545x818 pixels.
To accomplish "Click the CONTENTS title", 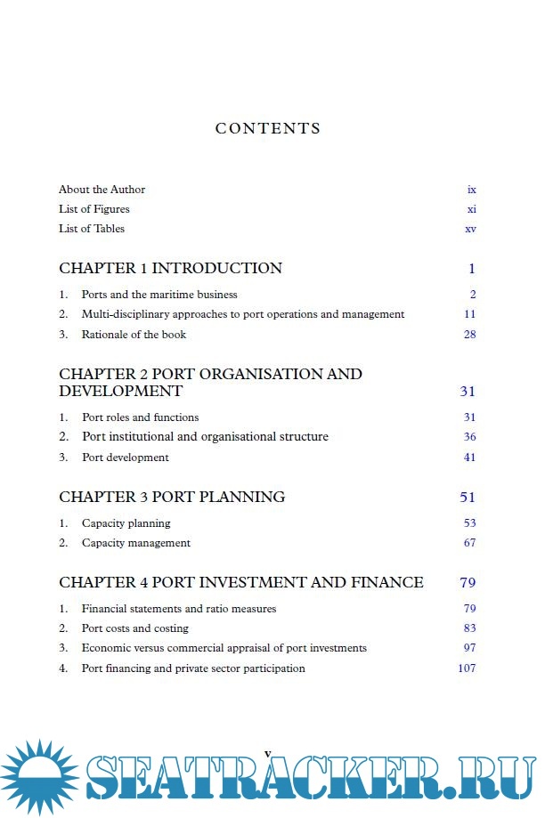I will [267, 128].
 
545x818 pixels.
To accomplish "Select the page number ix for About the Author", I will [471, 190].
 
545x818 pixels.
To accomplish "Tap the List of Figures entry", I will [94, 209].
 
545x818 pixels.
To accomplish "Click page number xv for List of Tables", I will [470, 229].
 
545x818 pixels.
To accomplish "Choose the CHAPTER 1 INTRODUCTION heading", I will [170, 268].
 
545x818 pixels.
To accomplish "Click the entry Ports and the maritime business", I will [159, 295].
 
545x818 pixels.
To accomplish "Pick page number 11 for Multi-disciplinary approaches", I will [469, 314].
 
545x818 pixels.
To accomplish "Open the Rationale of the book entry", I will [134, 335].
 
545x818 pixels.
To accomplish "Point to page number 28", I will [469, 335].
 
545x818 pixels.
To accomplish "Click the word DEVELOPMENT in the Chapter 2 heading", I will [120, 392].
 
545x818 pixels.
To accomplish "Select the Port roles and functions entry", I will [140, 417].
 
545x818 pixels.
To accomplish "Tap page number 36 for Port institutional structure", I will [469, 437].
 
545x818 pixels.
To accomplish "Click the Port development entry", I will [125, 458].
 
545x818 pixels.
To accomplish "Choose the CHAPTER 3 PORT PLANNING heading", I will [172, 497].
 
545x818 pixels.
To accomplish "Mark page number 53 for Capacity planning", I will [469, 523].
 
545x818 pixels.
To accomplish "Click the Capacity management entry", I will [135, 543].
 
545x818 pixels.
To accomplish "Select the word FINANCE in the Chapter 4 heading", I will [389, 583].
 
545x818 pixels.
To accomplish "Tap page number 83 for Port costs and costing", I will [469, 628].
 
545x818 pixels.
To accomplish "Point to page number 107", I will [467, 668].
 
